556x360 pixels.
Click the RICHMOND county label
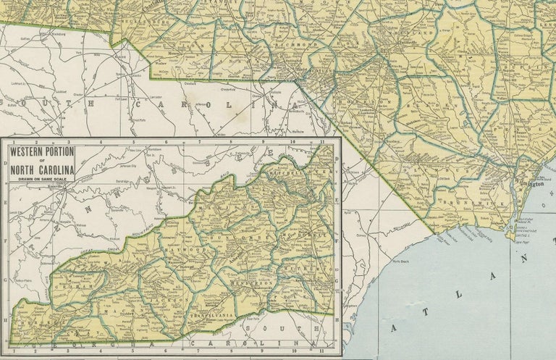303,45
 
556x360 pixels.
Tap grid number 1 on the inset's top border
12,141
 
